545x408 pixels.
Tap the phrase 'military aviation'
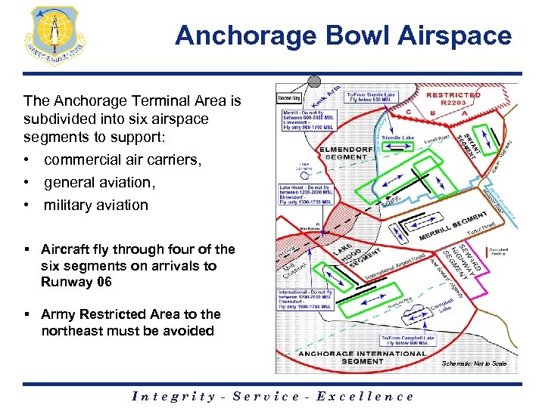[96, 205]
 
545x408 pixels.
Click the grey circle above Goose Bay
[314, 82]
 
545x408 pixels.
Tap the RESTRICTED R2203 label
[453, 99]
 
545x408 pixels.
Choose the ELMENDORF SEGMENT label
[347, 152]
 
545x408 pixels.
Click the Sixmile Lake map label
[397, 138]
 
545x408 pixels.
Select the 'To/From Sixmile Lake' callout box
[370, 96]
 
